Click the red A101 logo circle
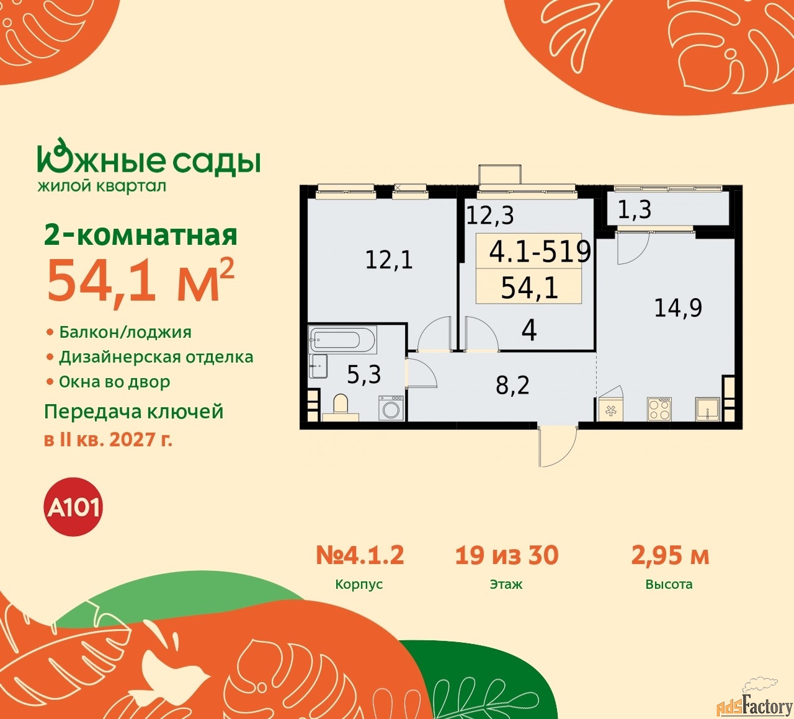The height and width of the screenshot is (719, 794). [x=74, y=507]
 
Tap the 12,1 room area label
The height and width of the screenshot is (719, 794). [x=389, y=259]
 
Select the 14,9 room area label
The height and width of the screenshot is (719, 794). [x=678, y=307]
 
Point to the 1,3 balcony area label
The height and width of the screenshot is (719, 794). [x=635, y=210]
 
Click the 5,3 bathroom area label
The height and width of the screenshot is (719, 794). [x=364, y=374]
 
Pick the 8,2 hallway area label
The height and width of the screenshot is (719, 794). [x=512, y=386]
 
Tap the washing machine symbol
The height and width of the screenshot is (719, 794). [x=391, y=408]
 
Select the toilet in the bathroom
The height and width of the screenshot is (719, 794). [x=341, y=406]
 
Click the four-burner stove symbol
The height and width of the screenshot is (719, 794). [x=659, y=408]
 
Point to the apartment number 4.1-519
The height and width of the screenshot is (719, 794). [x=540, y=251]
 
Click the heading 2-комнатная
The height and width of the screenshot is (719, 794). [x=141, y=236]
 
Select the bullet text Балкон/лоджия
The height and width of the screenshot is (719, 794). [x=125, y=332]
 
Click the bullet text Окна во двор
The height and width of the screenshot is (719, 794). [x=115, y=382]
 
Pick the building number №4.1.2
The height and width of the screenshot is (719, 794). [x=360, y=555]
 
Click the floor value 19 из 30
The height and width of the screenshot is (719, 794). [x=507, y=555]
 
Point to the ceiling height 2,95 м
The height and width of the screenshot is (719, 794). [x=670, y=555]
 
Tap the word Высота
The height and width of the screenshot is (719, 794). [x=669, y=584]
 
